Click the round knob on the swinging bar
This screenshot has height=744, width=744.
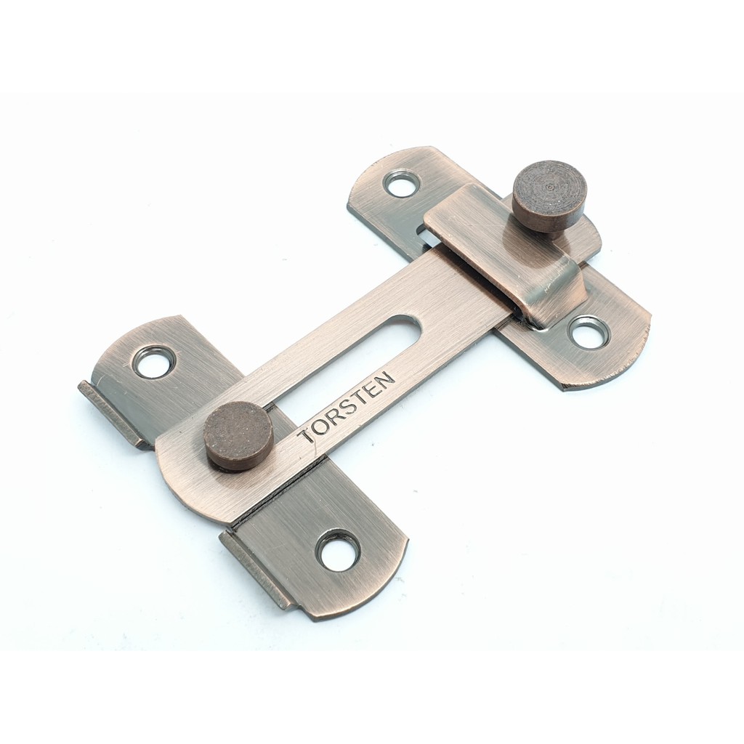click(x=238, y=435)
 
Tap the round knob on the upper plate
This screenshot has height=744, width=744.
click(x=549, y=195)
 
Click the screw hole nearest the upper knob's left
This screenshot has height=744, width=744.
click(x=402, y=184)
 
